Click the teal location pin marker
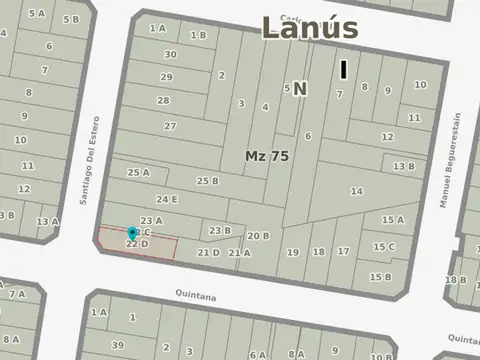pos(133,233)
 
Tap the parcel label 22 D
pos(137,243)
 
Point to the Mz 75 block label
pos(267,156)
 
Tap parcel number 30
pos(171,54)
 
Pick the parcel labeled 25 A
pos(138,172)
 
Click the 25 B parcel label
pos(207,180)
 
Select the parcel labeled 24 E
pos(167,199)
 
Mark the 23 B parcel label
pos(219,231)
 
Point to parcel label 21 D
pos(208,252)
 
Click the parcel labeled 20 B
pos(259,236)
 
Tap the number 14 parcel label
pos(356,190)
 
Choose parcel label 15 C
pos(384,246)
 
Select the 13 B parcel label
pos(403,167)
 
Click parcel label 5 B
pos(70,19)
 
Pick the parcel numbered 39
pos(117,345)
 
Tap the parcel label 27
pos(170,126)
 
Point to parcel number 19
pos(293,252)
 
